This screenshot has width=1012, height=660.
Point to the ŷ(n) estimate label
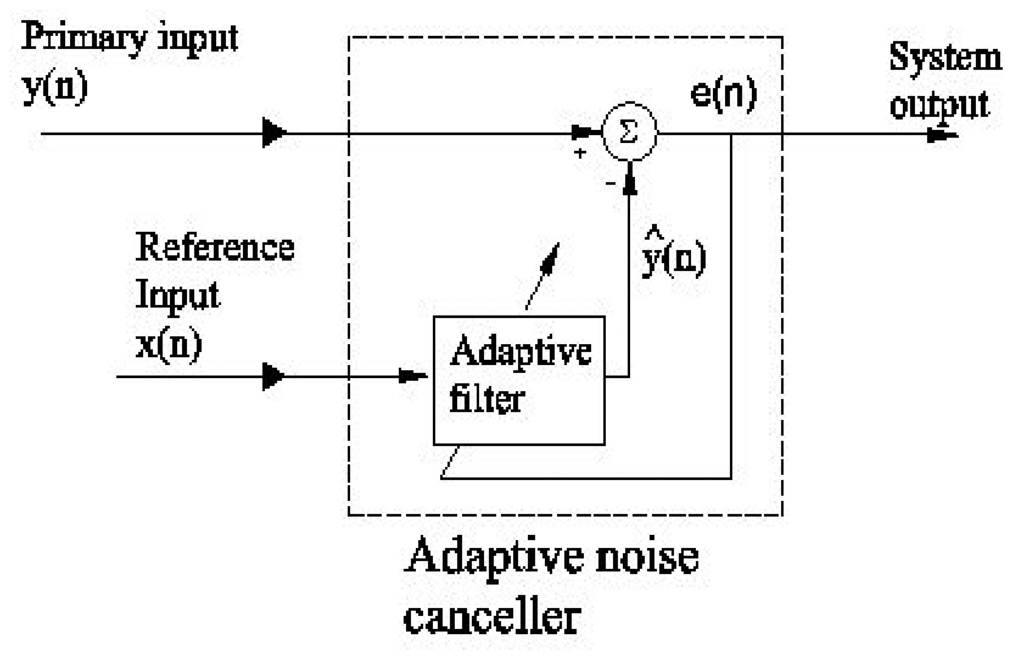pyautogui.click(x=674, y=257)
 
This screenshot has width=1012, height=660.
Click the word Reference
pyautogui.click(x=215, y=248)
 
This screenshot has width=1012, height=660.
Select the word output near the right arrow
pyautogui.click(x=939, y=105)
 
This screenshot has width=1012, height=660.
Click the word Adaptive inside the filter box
pyautogui.click(x=520, y=352)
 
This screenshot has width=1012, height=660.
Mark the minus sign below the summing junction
pyautogui.click(x=610, y=183)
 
